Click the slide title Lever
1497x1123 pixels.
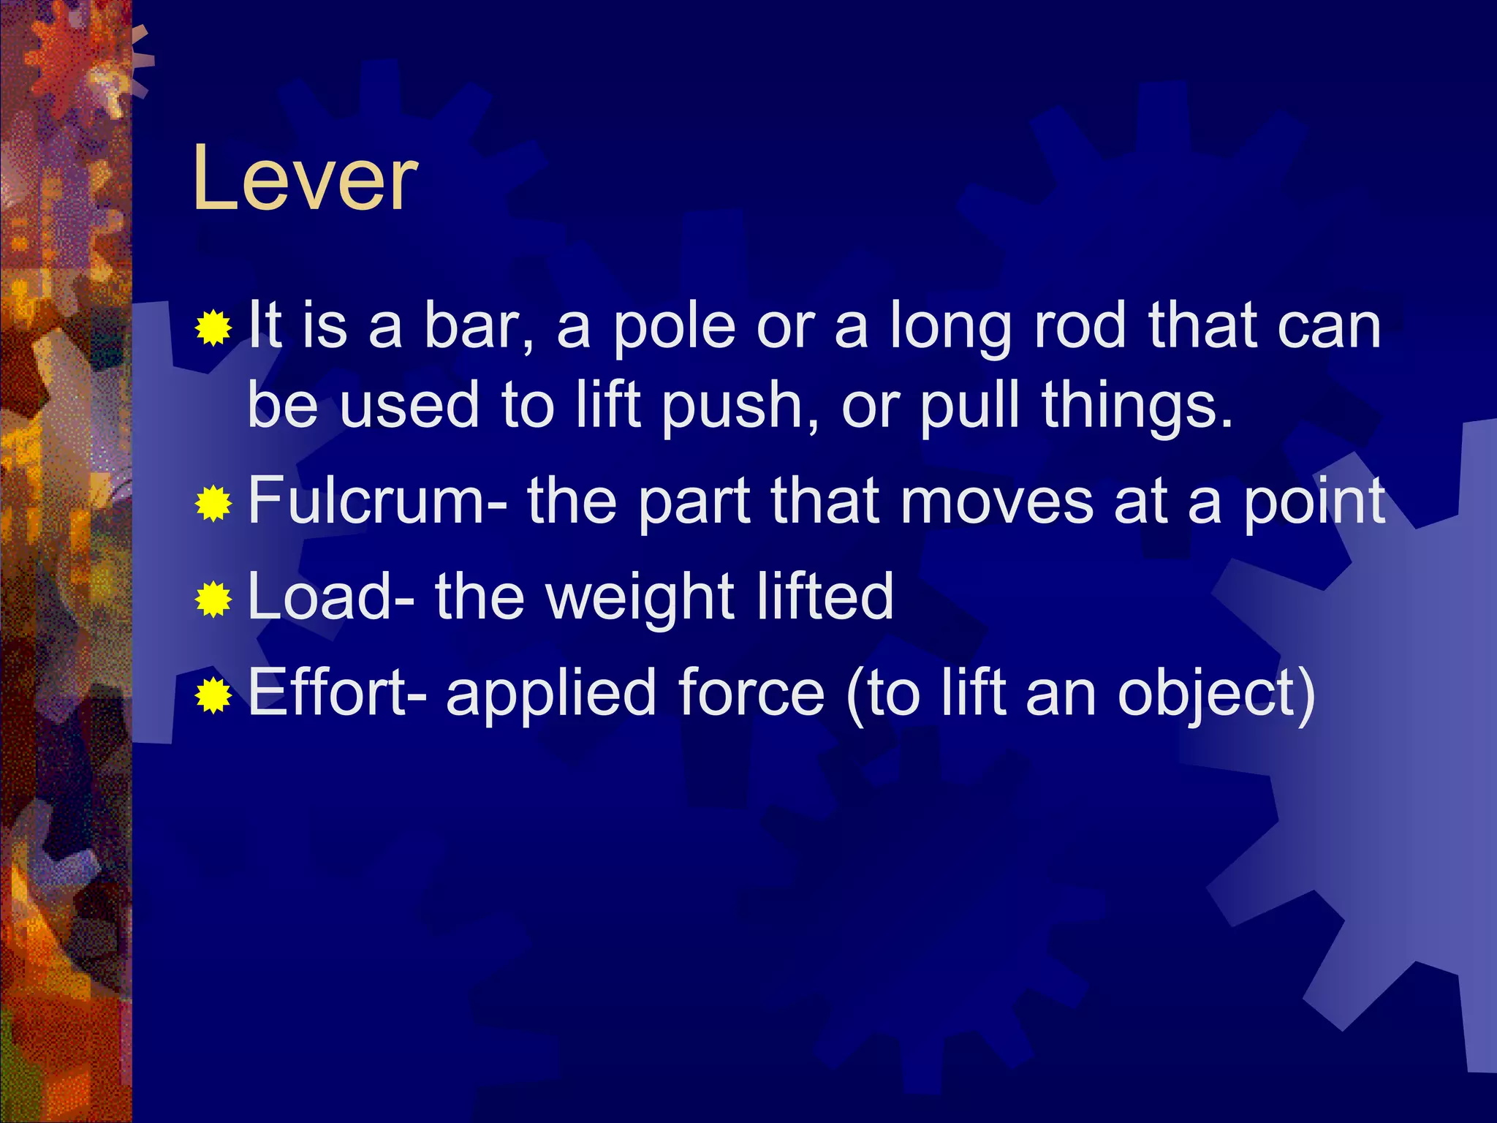305,179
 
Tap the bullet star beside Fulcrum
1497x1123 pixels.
213,504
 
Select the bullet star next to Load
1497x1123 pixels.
213,599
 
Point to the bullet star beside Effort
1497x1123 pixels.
213,695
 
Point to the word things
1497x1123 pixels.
1137,407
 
